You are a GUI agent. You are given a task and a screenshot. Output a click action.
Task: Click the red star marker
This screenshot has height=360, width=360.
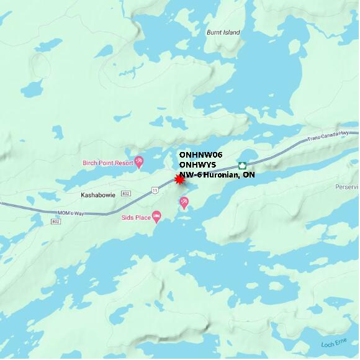click(x=180, y=179)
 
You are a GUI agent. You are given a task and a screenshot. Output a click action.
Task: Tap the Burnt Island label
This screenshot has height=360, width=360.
click(x=223, y=32)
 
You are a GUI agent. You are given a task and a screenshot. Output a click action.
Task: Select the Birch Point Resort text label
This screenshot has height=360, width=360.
click(x=107, y=163)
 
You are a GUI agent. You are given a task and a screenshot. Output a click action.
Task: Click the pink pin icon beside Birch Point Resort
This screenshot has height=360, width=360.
click(x=139, y=162)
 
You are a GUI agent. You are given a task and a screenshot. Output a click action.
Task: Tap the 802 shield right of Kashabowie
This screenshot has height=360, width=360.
click(x=126, y=194)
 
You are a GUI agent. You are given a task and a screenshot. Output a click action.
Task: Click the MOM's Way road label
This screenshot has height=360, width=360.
click(x=70, y=214)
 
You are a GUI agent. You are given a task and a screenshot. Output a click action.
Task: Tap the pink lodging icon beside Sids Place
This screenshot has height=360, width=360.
click(x=156, y=217)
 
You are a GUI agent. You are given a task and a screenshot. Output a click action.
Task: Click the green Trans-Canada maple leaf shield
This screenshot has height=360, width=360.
click(x=243, y=166)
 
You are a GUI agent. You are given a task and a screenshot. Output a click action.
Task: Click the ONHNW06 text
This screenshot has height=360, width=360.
click(x=200, y=154)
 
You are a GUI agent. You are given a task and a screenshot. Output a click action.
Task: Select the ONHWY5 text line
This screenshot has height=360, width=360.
click(x=197, y=164)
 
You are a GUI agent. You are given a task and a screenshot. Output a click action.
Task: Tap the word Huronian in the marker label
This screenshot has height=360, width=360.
click(x=222, y=175)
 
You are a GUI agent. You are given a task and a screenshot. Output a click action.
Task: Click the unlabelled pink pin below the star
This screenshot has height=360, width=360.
click(x=184, y=202)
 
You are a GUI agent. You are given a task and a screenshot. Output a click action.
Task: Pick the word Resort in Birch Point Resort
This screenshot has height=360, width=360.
click(x=124, y=163)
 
